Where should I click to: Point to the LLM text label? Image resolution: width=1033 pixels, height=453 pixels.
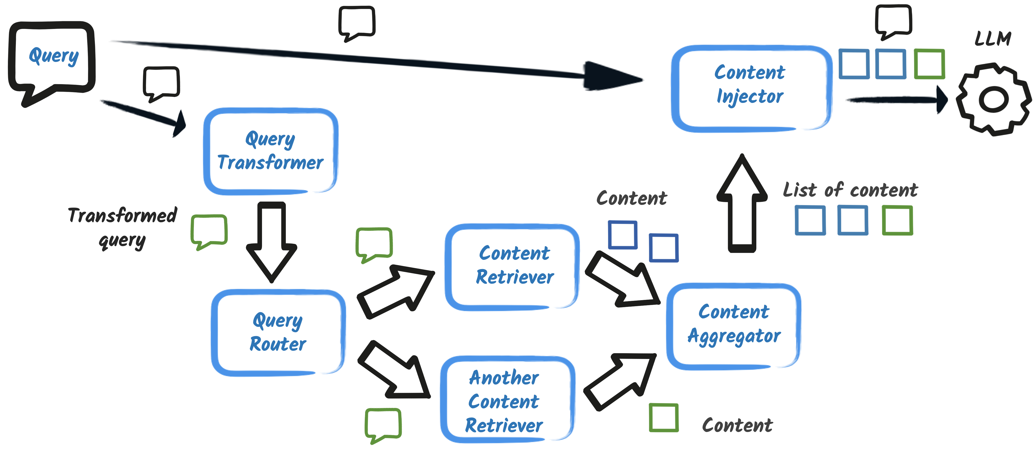click(x=993, y=39)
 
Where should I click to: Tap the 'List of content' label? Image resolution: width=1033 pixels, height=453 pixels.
click(x=850, y=190)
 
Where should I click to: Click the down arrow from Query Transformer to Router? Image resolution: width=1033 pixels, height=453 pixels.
click(x=271, y=241)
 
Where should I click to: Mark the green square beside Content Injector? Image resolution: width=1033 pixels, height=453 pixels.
click(x=929, y=64)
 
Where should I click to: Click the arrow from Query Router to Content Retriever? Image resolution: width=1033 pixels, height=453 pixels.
click(x=395, y=291)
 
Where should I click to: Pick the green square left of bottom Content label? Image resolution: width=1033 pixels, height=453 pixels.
click(x=664, y=418)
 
